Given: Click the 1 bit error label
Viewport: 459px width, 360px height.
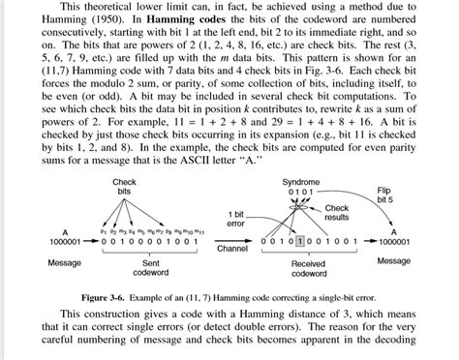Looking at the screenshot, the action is coord(237,218).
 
